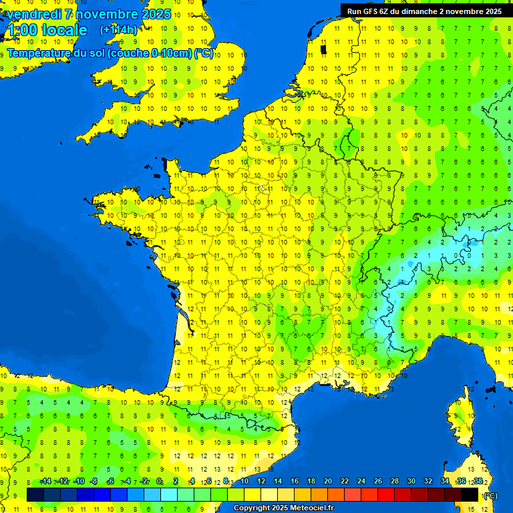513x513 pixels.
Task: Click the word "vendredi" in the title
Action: pyautogui.click(x=33, y=14)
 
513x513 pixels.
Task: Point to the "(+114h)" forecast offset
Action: pyautogui.click(x=118, y=30)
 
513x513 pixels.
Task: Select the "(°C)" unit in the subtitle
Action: pyautogui.click(x=204, y=53)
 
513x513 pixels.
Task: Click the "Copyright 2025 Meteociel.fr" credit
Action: pyautogui.click(x=283, y=508)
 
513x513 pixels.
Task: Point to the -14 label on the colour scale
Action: pyautogui.click(x=45, y=482)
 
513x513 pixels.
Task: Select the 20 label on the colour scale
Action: pyautogui.click(x=327, y=482)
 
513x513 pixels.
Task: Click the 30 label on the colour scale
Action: pyautogui.click(x=411, y=482)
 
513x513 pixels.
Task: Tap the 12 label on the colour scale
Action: pyautogui.click(x=261, y=482)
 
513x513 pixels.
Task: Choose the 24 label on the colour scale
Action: pyautogui.click(x=361, y=482)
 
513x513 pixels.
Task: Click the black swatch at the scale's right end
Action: pyautogui.click(x=470, y=494)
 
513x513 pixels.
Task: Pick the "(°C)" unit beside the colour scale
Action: pyautogui.click(x=490, y=495)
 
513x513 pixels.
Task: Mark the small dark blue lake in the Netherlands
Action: pyautogui.click(x=323, y=48)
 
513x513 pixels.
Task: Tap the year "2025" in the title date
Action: pyautogui.click(x=156, y=14)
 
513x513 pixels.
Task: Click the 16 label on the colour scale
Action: pyautogui.click(x=294, y=482)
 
